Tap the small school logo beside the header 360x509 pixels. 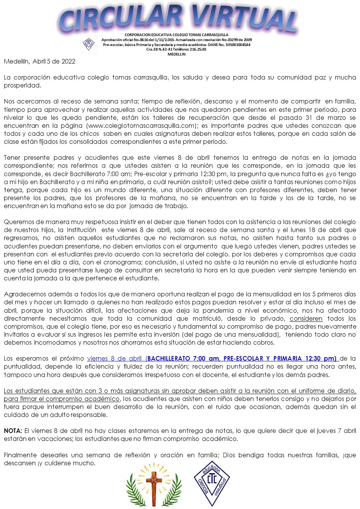coord(89,45)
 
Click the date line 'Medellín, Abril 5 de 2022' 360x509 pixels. coord(40,61)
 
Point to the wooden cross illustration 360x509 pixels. coord(154,484)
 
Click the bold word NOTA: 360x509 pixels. coord(13,431)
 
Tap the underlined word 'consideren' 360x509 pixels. coord(306,318)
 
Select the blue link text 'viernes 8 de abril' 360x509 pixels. coord(114,358)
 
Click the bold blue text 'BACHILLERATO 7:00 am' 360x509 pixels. coord(183,358)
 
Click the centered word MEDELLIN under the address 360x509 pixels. coord(176,54)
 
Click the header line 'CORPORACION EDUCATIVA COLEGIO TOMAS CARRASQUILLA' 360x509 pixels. coord(176,35)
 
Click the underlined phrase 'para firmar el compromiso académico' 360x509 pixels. coord(62,399)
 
